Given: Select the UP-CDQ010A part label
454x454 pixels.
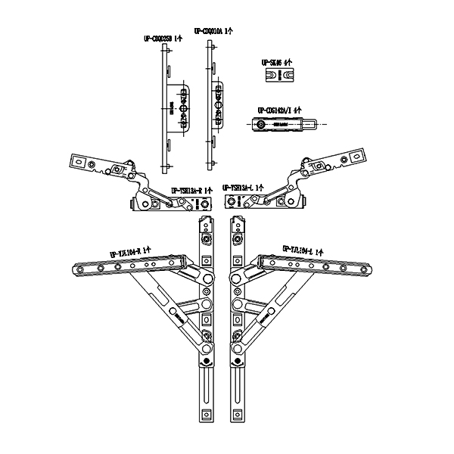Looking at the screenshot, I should [213, 31].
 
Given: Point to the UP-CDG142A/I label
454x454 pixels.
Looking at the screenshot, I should [280, 109].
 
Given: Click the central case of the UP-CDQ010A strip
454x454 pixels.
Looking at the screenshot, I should [219, 102].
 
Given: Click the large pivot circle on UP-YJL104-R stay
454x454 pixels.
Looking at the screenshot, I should [207, 306].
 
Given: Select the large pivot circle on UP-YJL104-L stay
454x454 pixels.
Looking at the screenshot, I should [238, 306].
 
